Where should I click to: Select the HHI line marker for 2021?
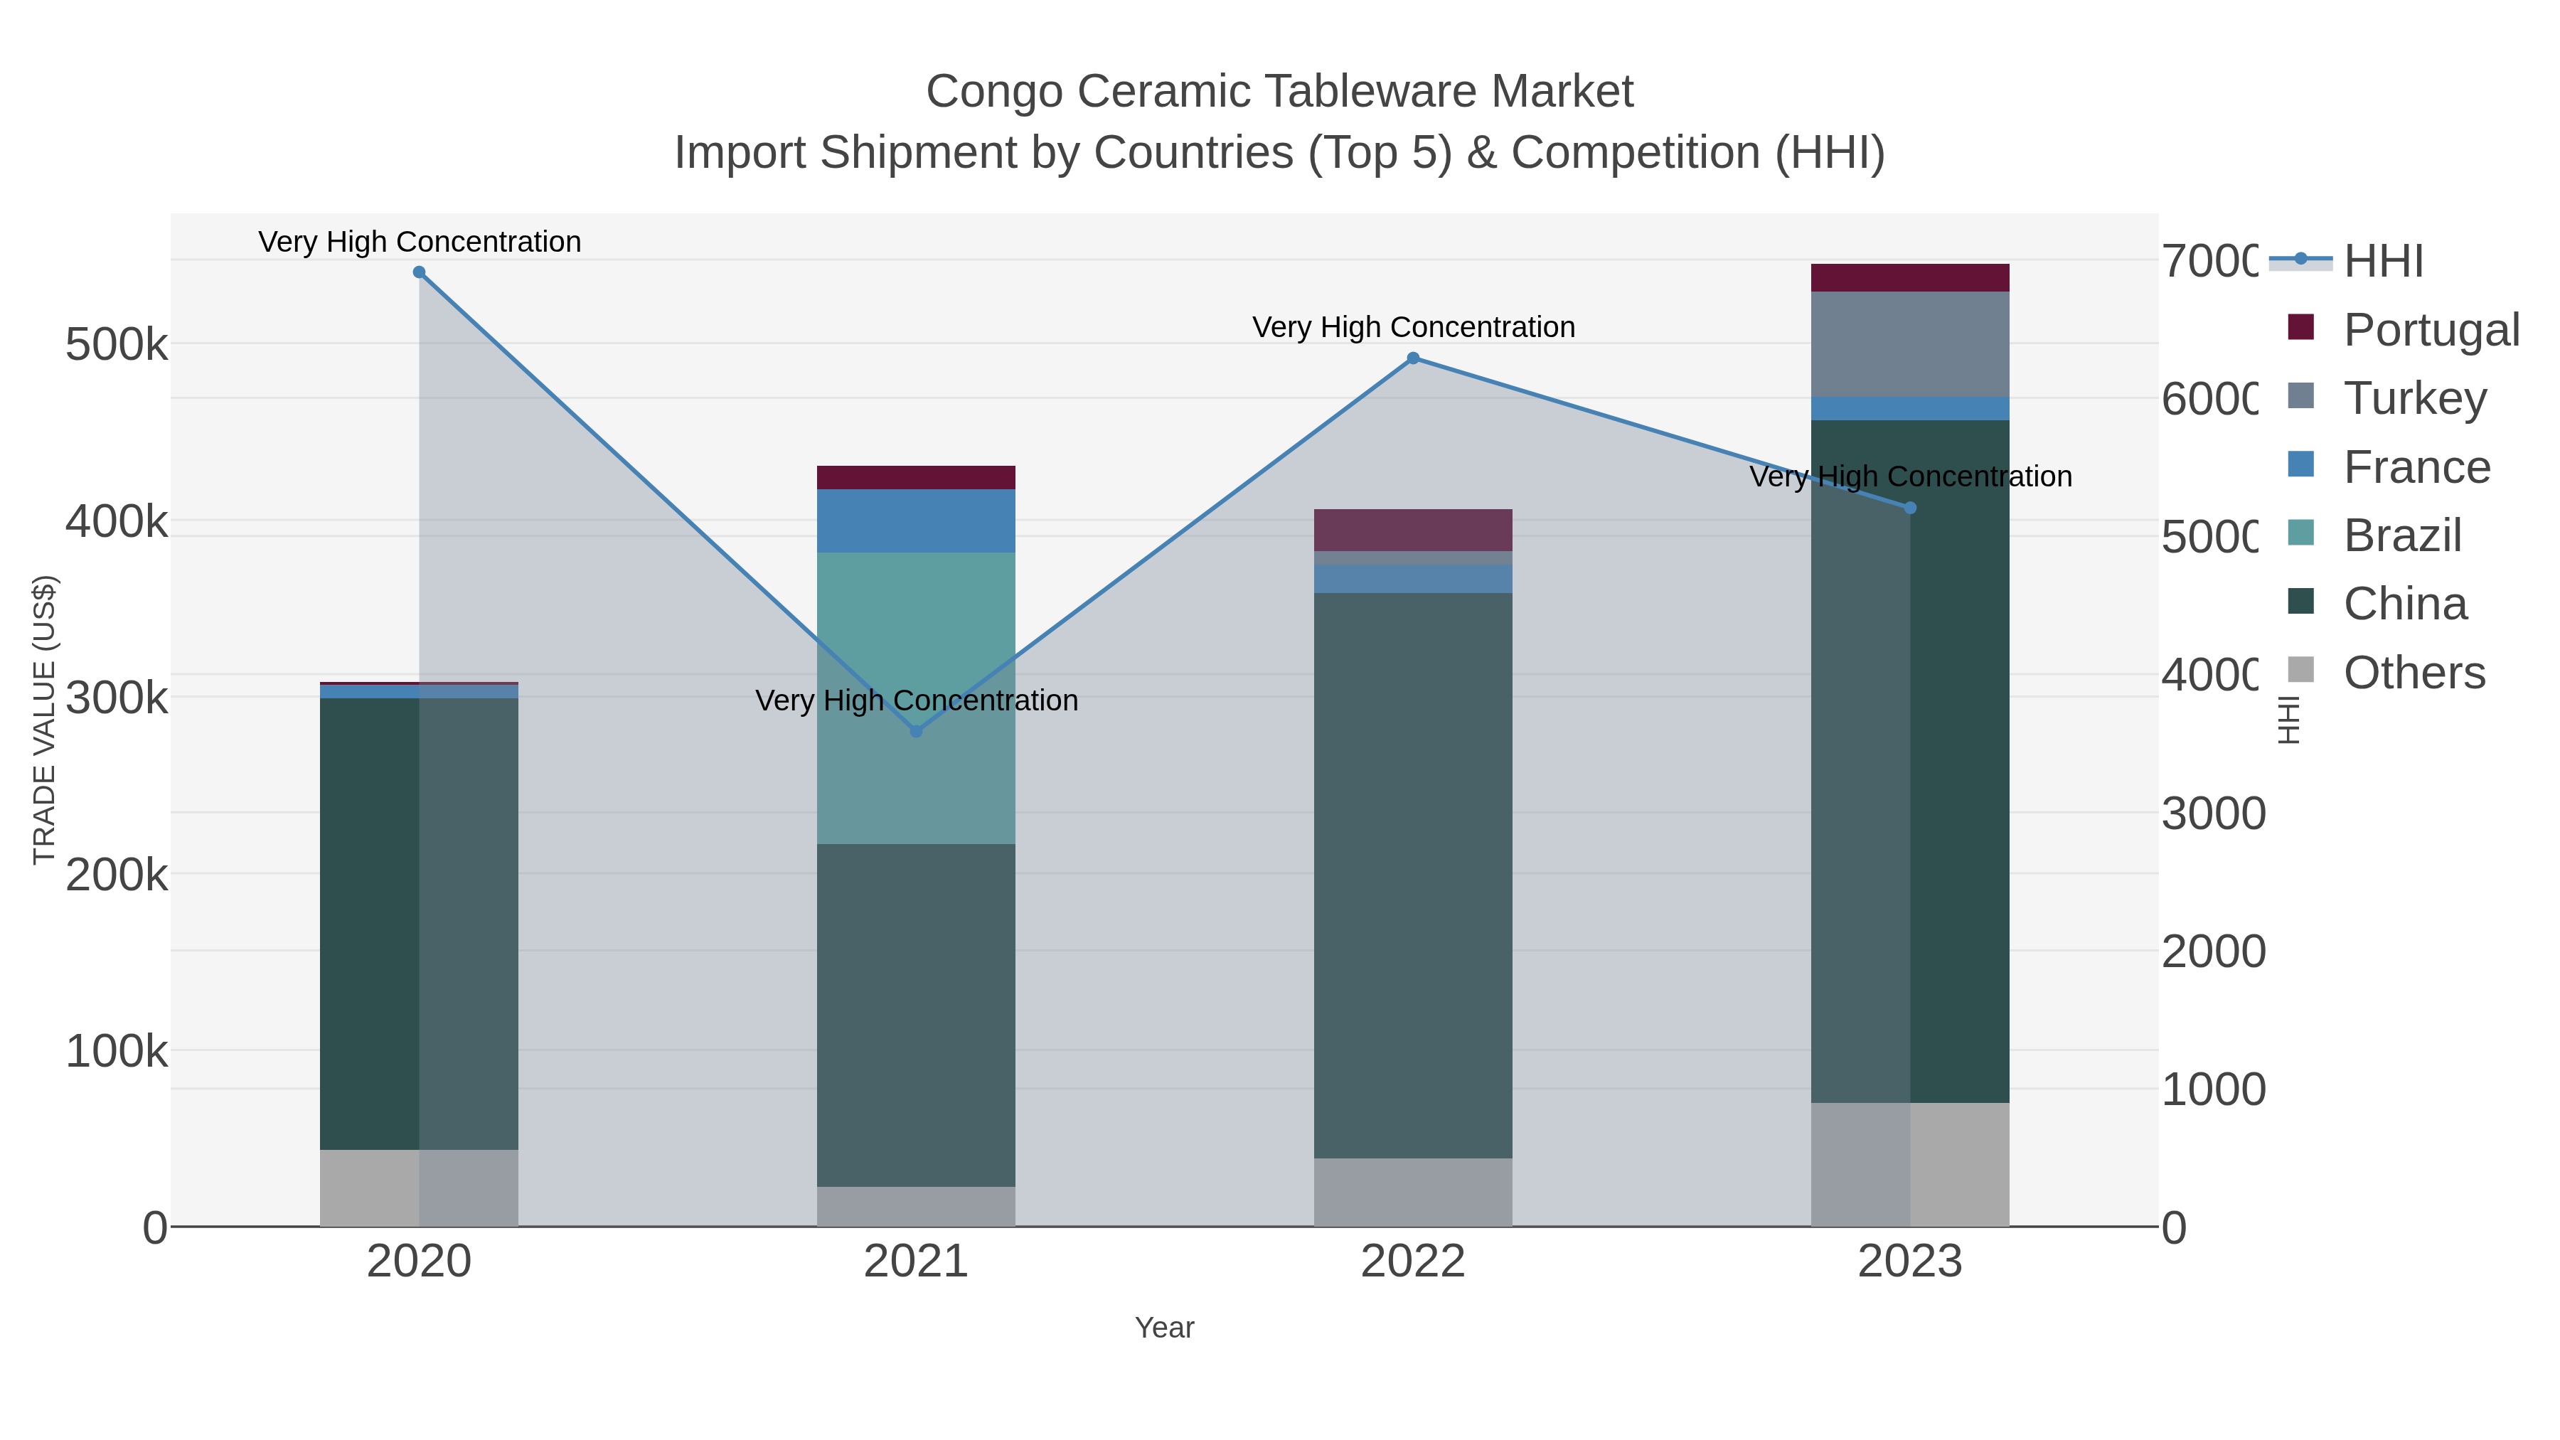(917, 732)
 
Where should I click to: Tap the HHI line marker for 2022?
(1413, 358)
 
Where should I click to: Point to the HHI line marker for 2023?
(1910, 508)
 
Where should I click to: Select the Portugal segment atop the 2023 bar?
(1910, 277)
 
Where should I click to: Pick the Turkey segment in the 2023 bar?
(1910, 344)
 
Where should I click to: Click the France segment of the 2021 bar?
(917, 520)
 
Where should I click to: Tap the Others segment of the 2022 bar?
(1413, 1192)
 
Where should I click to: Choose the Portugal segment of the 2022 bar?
(1413, 530)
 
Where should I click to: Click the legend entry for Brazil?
(2402, 535)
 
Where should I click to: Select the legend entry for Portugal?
(2431, 330)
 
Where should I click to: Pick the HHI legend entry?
(2383, 262)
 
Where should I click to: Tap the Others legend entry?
(2414, 673)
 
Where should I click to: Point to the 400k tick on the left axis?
(117, 521)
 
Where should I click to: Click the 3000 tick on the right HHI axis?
(2213, 814)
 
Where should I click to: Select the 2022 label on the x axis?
(1413, 1262)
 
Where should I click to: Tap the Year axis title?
(1165, 1328)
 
